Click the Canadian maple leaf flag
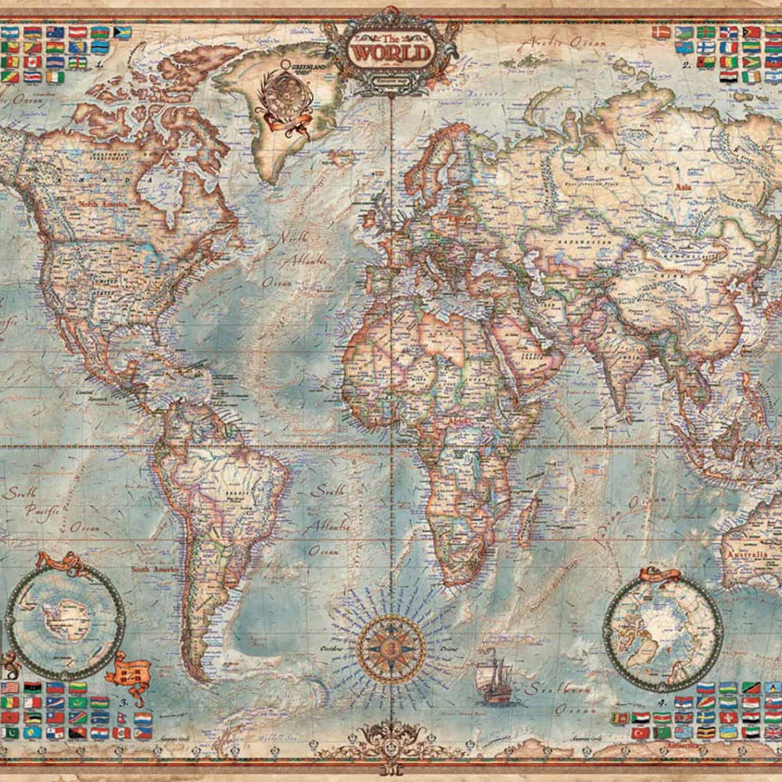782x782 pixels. tap(32, 62)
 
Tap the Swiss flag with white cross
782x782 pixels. tap(728, 717)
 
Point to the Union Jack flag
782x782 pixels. tap(773, 733)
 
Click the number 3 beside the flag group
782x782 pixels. tap(124, 703)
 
